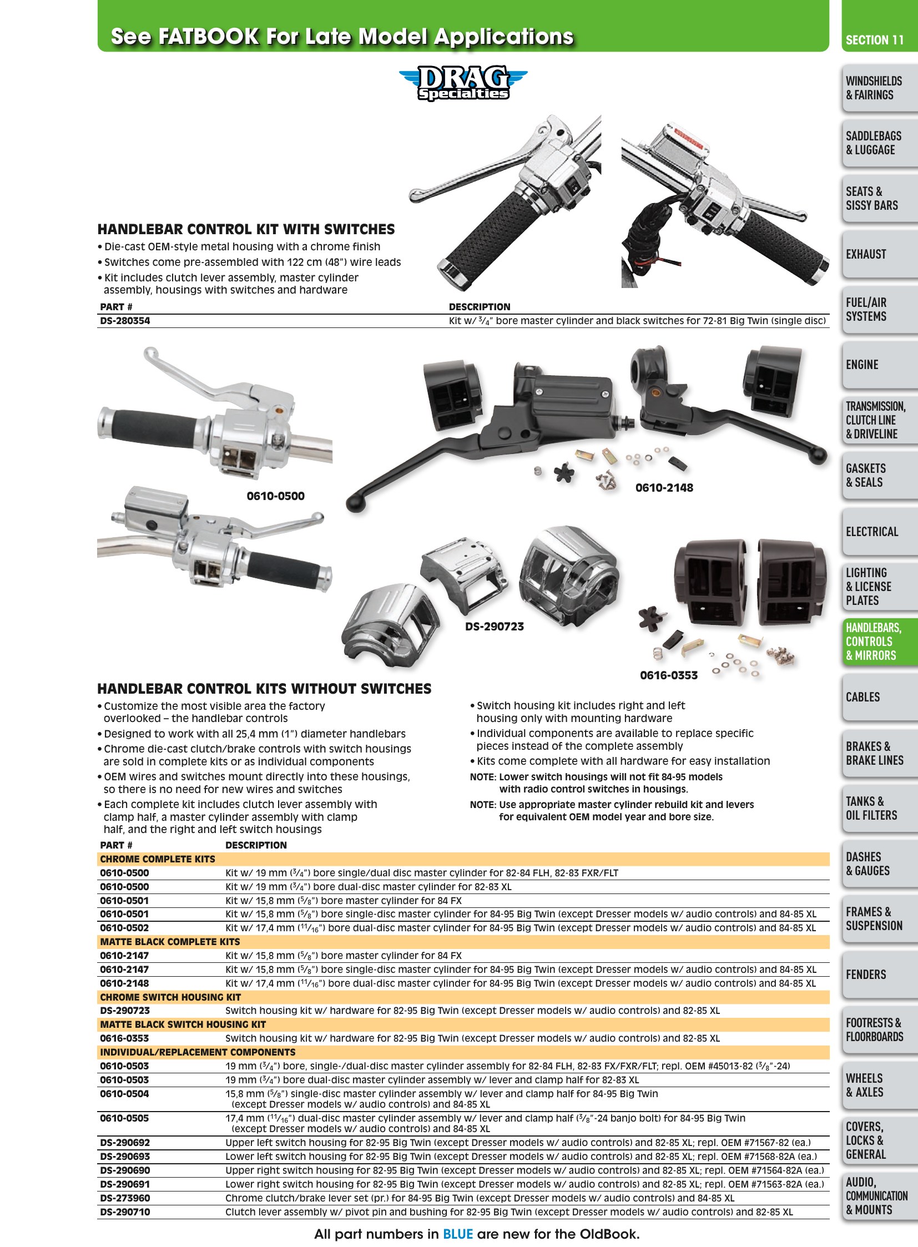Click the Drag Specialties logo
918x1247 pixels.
(463, 83)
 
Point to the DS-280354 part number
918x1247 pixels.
(125, 321)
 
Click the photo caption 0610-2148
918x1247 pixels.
(664, 488)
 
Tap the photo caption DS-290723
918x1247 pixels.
(494, 627)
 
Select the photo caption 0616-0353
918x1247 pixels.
(668, 675)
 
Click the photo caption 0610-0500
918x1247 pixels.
(276, 496)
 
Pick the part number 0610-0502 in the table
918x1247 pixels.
(124, 928)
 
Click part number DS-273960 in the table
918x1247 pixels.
(125, 1198)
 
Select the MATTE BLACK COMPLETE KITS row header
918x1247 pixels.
(170, 942)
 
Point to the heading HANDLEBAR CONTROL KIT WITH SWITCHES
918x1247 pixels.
(246, 230)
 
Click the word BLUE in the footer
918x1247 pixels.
(458, 1234)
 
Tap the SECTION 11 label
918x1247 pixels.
(875, 40)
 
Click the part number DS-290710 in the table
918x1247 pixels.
(125, 1212)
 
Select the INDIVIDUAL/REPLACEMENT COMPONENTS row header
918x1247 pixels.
(198, 1052)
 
